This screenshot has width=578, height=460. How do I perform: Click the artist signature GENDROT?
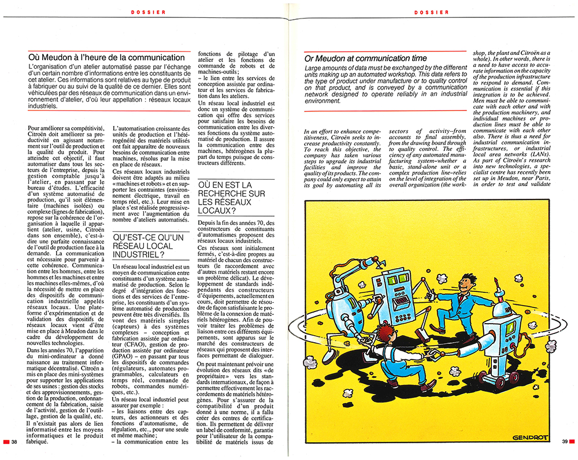(x=530, y=437)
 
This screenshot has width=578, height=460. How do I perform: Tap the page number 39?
(x=564, y=442)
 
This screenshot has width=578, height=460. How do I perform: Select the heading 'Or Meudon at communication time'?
(x=365, y=58)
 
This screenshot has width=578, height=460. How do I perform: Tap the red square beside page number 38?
(x=6, y=442)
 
